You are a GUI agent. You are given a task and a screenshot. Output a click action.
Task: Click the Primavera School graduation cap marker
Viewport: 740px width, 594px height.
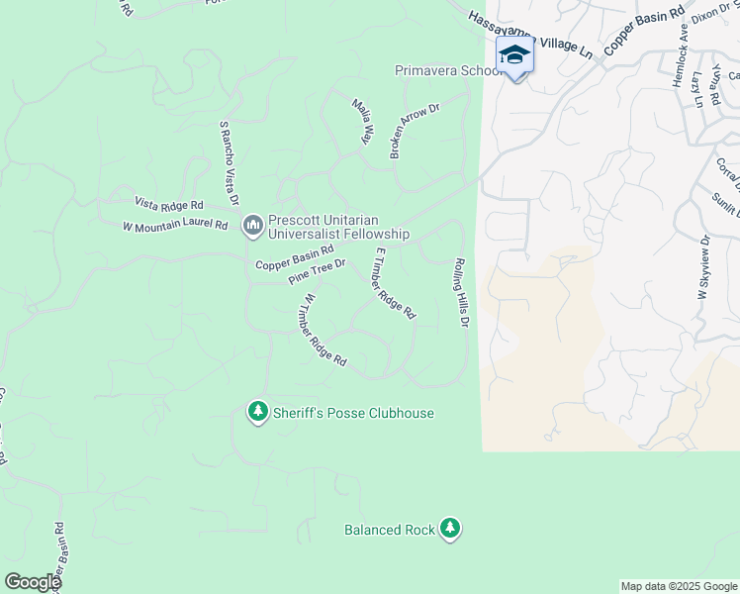514,55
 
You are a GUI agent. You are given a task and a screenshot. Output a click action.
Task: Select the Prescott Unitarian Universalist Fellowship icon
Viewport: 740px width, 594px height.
252,227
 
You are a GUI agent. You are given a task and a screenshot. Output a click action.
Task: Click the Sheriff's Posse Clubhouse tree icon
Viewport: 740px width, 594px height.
258,410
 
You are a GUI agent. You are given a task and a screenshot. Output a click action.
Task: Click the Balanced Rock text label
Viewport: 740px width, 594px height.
390,530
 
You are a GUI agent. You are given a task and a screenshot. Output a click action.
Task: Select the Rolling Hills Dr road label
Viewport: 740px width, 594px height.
460,294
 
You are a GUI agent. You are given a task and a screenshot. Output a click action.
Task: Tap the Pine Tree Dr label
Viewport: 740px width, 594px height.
317,271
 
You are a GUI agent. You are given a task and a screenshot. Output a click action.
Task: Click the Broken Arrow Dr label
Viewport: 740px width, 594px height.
413,133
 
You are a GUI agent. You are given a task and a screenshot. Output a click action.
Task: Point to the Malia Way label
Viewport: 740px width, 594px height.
362,121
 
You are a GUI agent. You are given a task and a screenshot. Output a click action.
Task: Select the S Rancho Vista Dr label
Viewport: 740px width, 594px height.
230,163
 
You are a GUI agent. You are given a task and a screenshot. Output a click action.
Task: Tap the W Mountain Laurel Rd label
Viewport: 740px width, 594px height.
175,226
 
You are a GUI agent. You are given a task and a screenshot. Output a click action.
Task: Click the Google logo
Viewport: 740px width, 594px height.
33,582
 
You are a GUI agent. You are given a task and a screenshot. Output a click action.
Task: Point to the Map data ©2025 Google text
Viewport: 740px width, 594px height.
679,586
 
